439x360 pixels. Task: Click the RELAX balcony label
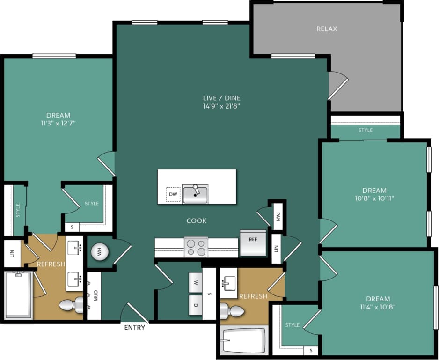327,29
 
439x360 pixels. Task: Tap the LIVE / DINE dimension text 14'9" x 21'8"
221,106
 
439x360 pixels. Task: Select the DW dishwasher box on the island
173,194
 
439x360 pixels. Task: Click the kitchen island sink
195,193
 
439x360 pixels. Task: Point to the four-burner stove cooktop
196,247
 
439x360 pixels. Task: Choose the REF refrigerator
253,242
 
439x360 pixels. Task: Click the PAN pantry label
278,216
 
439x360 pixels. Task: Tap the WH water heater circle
99,252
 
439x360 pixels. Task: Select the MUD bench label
95,295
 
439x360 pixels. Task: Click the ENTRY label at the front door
134,327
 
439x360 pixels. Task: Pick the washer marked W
195,282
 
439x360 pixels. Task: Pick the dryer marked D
195,305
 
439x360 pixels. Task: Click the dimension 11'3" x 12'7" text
58,123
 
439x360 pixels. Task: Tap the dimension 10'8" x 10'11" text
374,198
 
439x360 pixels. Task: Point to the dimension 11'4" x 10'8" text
378,306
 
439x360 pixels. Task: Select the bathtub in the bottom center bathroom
244,340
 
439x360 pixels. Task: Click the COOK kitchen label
196,220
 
